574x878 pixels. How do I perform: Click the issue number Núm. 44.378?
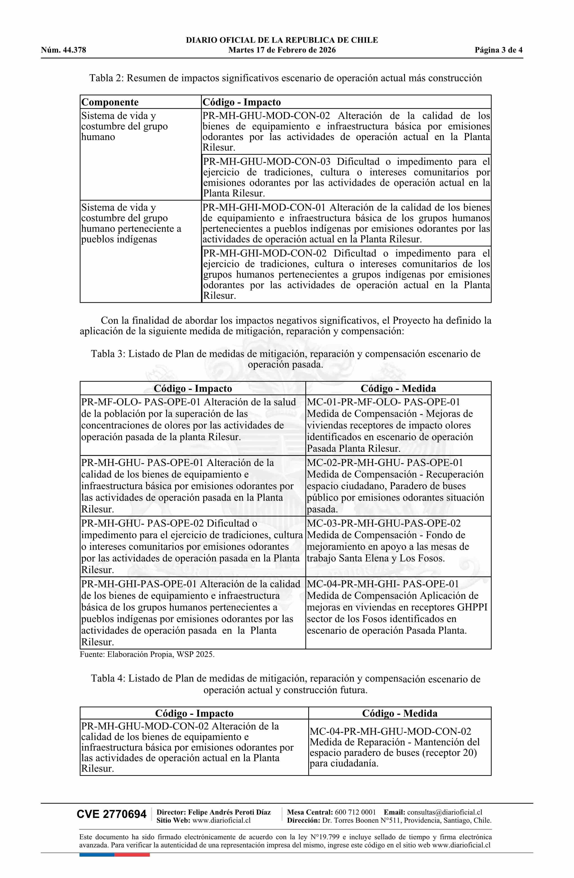coord(63,50)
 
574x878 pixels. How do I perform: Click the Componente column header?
coord(110,102)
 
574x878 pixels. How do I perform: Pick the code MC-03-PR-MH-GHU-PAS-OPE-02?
coord(384,523)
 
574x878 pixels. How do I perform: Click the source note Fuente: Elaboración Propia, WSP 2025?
coord(147,654)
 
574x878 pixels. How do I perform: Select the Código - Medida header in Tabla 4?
coord(400,713)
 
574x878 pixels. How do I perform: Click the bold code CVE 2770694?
coord(111,814)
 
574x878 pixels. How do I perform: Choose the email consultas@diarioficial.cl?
coord(445,812)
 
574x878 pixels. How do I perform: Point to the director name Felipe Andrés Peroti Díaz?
coord(229,812)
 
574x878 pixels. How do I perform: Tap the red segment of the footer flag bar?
coord(132,854)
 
